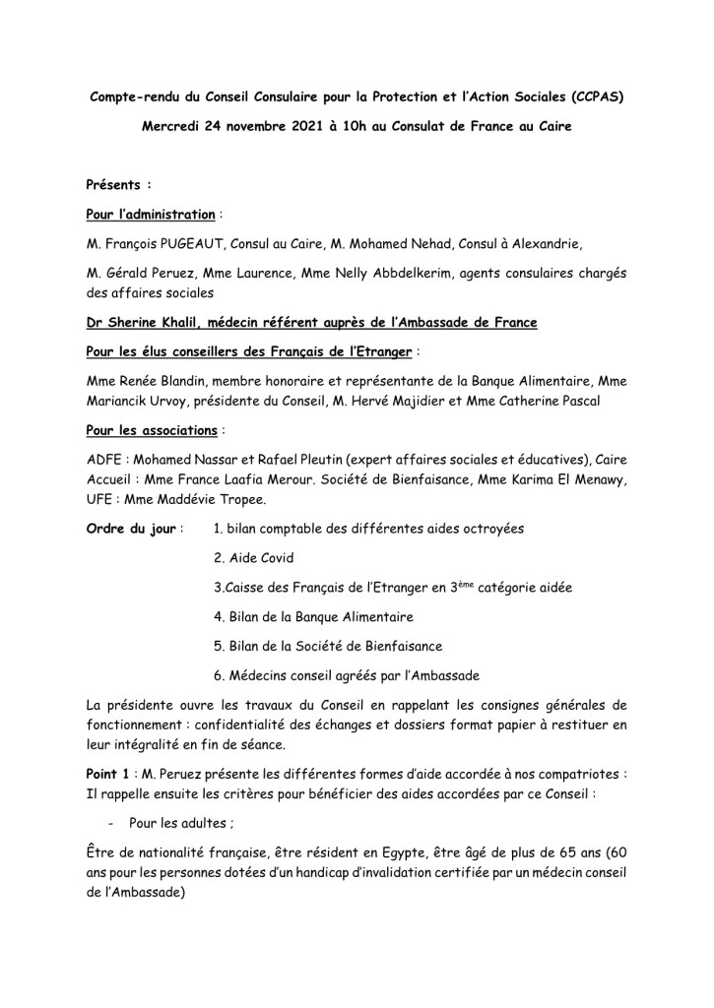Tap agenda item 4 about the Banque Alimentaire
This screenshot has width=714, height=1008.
coord(313,616)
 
